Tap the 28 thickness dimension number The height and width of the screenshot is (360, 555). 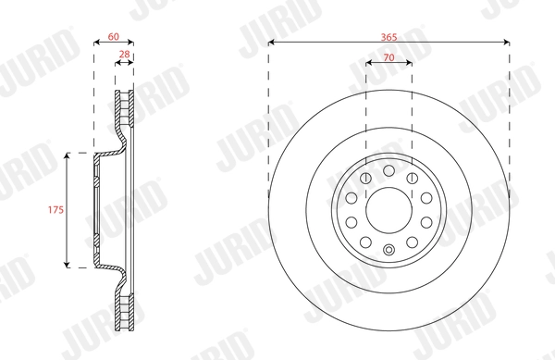tap(124, 56)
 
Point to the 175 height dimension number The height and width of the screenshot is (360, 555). tap(56, 210)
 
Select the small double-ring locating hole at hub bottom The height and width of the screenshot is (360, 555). tap(388, 247)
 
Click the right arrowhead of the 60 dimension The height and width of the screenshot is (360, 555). tap(131, 43)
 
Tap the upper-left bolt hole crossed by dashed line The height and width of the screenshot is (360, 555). tap(366, 178)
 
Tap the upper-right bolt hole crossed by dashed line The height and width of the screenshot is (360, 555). tap(411, 178)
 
